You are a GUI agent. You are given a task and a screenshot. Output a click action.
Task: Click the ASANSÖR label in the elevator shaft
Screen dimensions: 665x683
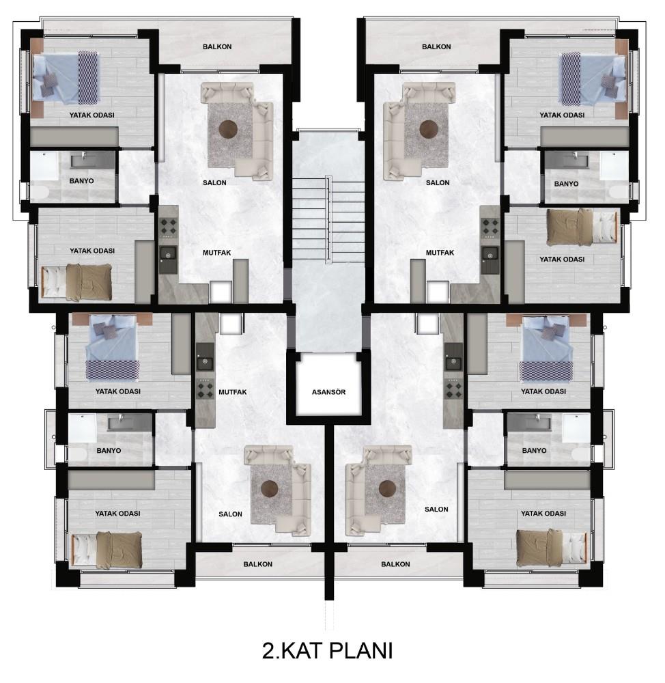pos(328,392)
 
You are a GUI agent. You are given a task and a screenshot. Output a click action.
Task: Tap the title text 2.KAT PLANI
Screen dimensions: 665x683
pos(328,651)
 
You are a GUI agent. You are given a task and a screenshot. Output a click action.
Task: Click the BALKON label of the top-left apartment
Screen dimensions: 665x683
pos(217,46)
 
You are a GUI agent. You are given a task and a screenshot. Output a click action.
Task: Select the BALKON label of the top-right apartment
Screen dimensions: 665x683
pos(436,46)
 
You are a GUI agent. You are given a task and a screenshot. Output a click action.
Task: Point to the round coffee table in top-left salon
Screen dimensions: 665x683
pos(228,129)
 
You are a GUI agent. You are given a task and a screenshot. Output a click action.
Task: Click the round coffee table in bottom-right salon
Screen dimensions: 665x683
pos(386,488)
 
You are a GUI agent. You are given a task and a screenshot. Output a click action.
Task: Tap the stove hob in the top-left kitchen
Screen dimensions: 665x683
pos(169,227)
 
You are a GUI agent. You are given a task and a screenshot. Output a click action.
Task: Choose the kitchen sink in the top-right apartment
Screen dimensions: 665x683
pos(490,253)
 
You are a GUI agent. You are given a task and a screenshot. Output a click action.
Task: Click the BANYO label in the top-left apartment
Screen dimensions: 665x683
pos(81,181)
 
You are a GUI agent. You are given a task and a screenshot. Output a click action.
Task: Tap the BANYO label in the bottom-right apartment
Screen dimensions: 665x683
pos(534,450)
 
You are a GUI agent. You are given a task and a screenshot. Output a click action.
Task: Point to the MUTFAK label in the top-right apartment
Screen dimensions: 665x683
pos(440,253)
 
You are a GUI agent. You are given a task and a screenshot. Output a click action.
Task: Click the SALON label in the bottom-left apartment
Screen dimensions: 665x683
pos(230,514)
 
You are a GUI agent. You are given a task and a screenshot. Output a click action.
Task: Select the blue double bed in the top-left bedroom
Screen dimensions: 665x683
pos(66,78)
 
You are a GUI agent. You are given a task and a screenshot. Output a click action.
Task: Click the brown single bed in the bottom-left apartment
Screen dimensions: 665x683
pos(107,549)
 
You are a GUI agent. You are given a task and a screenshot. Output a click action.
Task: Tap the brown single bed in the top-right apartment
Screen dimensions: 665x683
pos(582,227)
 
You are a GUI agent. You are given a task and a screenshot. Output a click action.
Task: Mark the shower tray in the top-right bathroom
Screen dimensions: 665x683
pos(614,165)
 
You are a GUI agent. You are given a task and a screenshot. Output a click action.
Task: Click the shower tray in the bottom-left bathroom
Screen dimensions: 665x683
pos(83,428)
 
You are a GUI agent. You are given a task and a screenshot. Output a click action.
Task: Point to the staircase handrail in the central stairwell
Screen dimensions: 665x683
pos(328,219)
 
